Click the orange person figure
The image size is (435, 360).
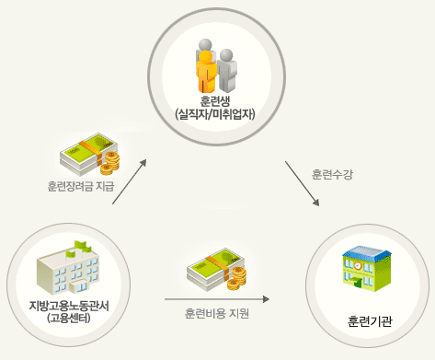pos(206,72)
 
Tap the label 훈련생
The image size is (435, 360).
pos(215,101)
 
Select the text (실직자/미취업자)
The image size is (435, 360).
pos(215,115)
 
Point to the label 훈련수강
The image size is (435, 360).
pos(332,174)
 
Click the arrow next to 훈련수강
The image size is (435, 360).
pos(303,183)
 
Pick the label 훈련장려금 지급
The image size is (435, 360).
pos(81,186)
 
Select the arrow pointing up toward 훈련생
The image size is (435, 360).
pos(130,181)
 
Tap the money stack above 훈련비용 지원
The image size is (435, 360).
pos(216,270)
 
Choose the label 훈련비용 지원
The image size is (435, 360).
pos(217,313)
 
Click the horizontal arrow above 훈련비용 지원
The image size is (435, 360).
pos(217,299)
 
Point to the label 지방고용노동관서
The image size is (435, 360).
pos(69,306)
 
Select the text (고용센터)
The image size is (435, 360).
pos(69,319)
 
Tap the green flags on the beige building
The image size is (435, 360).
pos(78,248)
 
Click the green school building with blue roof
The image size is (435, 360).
pos(367,269)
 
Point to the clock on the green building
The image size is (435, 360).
pos(358,265)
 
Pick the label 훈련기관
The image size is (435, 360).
pos(370,321)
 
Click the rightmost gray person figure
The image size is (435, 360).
pos(227,71)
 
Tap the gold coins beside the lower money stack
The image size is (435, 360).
pos(236,278)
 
